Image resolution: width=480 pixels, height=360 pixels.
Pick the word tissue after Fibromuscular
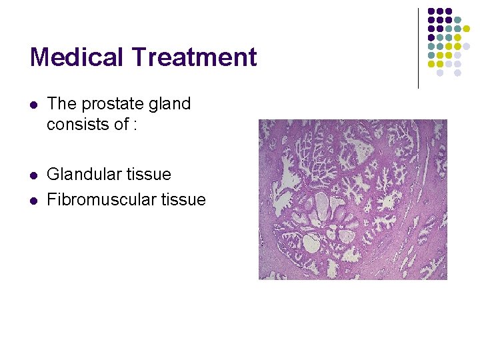(x=182, y=199)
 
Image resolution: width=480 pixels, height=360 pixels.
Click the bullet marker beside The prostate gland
(x=33, y=105)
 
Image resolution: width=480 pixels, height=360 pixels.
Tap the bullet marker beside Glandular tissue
(x=33, y=175)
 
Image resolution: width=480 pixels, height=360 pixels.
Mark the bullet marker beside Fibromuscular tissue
(x=33, y=200)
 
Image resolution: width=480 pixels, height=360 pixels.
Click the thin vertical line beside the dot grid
(x=419, y=48)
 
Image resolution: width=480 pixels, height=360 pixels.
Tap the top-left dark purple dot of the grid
(x=431, y=11)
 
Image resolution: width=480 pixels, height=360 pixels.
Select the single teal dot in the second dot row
(x=457, y=20)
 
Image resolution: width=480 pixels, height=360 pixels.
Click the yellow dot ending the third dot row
(x=466, y=38)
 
